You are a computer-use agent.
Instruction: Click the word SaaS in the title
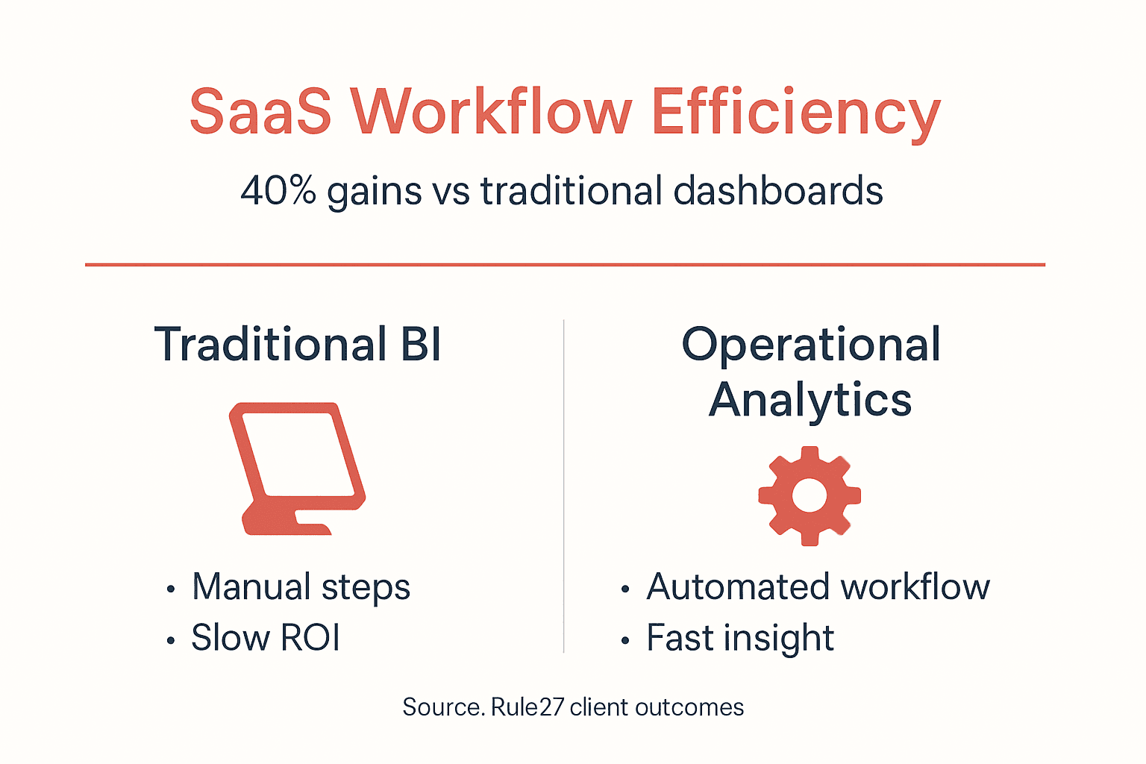coord(260,112)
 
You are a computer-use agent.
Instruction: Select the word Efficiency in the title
coord(795,113)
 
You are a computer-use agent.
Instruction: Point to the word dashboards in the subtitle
coord(778,190)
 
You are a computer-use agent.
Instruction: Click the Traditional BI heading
coord(298,345)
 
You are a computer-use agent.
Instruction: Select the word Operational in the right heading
coord(811,345)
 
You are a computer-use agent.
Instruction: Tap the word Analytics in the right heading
coord(810,399)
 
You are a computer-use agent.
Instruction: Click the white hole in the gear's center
coord(810,495)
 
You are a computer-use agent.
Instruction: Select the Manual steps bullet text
coord(301,587)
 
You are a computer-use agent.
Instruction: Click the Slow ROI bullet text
coord(266,638)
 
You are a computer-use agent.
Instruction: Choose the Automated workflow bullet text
coord(818,587)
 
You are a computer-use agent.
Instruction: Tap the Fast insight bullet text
coord(740,638)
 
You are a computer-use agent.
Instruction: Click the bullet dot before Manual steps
coord(171,589)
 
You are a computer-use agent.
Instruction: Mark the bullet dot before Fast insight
coord(625,640)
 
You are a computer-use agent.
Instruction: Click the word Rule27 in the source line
coord(527,707)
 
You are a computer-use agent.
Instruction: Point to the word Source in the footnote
coord(443,707)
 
